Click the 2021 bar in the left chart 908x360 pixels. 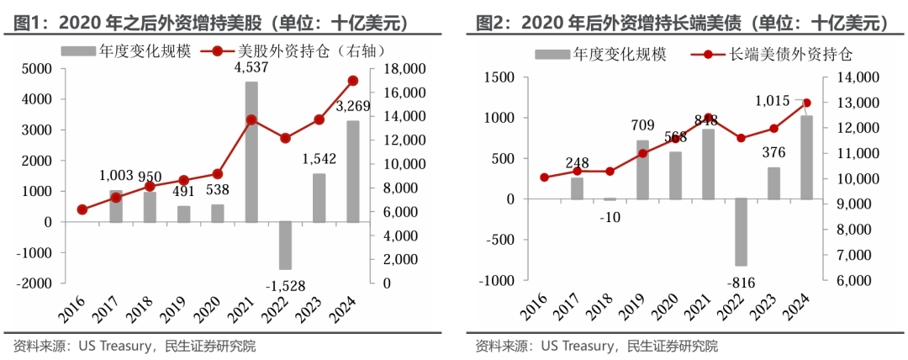(x=251, y=151)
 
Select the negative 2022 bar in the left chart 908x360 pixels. (x=285, y=245)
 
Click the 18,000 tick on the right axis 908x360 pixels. (x=404, y=68)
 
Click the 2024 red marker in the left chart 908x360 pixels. (x=353, y=81)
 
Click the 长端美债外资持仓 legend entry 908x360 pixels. (x=774, y=56)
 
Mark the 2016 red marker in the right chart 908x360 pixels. (x=544, y=177)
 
